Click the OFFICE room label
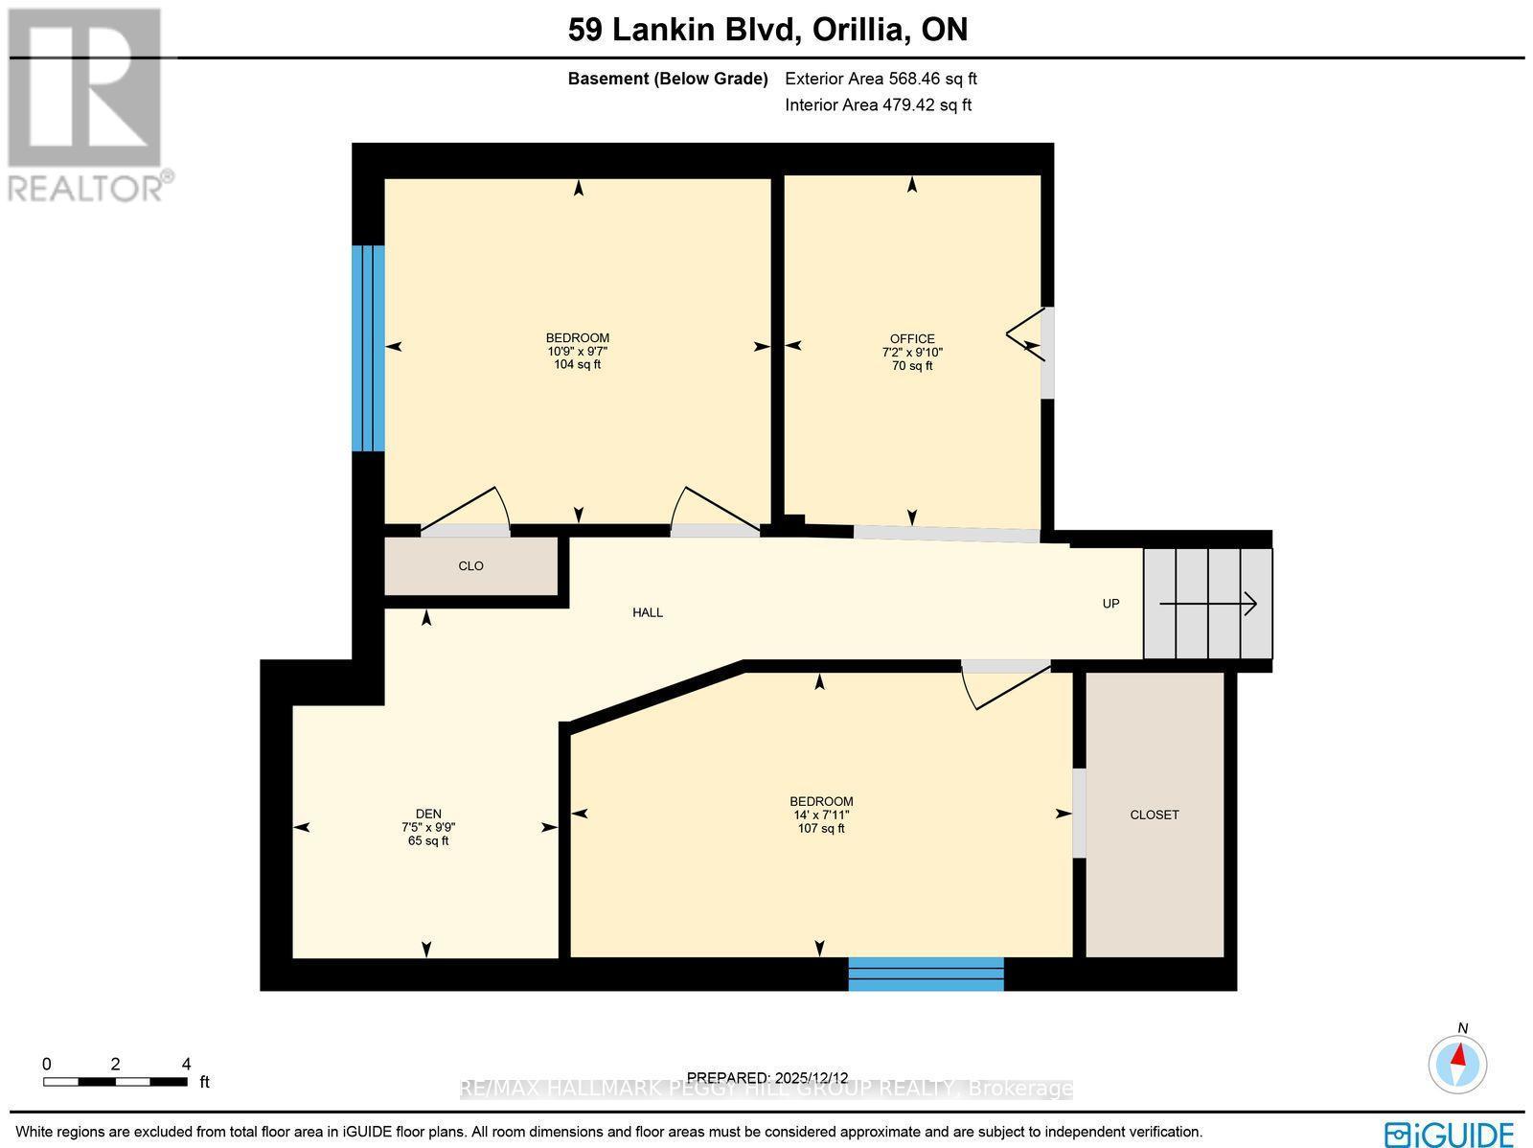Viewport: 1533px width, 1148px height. tap(911, 338)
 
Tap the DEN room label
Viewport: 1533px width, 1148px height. tap(428, 814)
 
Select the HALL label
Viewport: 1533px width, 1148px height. tap(648, 612)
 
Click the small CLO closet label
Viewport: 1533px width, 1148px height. tap(470, 566)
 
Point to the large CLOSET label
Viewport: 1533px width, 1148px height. tap(1155, 815)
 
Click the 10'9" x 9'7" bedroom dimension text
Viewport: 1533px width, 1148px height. tap(577, 351)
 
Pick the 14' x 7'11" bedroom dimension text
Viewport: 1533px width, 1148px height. tap(821, 815)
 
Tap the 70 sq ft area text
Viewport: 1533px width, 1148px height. tap(911, 366)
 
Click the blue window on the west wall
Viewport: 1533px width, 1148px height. tap(368, 348)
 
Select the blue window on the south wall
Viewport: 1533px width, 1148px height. tap(926, 974)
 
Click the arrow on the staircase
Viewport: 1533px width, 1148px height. tap(1208, 604)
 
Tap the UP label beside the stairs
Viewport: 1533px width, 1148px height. tap(1110, 604)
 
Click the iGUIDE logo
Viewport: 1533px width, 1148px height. tap(1449, 1134)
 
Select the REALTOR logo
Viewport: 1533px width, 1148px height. tap(88, 105)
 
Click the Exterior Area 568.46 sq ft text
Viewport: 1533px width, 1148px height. tap(881, 80)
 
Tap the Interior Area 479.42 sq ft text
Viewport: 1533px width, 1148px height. tap(878, 105)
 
